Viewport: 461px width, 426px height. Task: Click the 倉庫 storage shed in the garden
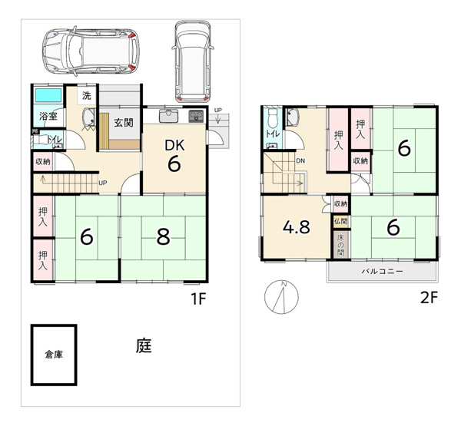pyautogui.click(x=54, y=355)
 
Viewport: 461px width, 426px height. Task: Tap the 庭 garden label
pyautogui.click(x=144, y=345)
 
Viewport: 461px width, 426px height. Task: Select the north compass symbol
pyautogui.click(x=281, y=296)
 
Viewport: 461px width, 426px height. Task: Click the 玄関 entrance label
pyautogui.click(x=124, y=123)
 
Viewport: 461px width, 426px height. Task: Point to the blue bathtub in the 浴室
pyautogui.click(x=48, y=95)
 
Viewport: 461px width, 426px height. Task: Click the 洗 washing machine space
pyautogui.click(x=86, y=95)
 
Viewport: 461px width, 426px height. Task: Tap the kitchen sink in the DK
pyautogui.click(x=168, y=116)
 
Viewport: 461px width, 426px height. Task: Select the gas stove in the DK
pyautogui.click(x=196, y=116)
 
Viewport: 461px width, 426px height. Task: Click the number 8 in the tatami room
pyautogui.click(x=163, y=237)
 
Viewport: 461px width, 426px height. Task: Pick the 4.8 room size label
pyautogui.click(x=297, y=226)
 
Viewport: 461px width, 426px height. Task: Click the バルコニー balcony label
pyautogui.click(x=382, y=271)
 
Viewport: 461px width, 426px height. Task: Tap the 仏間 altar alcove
pyautogui.click(x=340, y=222)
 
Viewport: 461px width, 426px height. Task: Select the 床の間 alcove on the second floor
pyautogui.click(x=340, y=244)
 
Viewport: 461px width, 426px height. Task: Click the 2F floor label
pyautogui.click(x=429, y=298)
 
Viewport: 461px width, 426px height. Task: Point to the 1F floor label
pyautogui.click(x=198, y=299)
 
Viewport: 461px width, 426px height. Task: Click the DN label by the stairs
pyautogui.click(x=300, y=160)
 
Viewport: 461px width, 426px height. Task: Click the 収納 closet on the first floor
pyautogui.click(x=43, y=161)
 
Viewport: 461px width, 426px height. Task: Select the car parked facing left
pyautogui.click(x=91, y=51)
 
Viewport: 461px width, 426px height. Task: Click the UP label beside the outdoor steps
pyautogui.click(x=218, y=111)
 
